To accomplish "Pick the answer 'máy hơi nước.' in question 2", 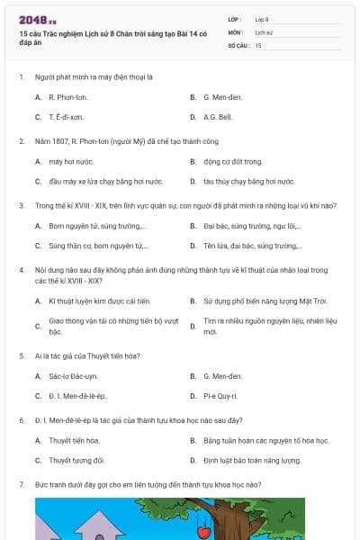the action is click(x=68, y=161).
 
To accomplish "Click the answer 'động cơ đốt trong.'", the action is click(x=232, y=161).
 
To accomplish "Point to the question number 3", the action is click(x=22, y=205).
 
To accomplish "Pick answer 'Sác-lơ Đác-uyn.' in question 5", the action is click(x=74, y=375).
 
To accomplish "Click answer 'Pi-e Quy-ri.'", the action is click(x=220, y=395).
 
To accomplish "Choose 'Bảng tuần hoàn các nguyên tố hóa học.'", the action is click(x=265, y=440).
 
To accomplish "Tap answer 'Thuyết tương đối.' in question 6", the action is click(x=76, y=460).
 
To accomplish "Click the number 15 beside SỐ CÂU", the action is click(x=258, y=44).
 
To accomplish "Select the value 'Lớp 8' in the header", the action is click(x=262, y=19).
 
